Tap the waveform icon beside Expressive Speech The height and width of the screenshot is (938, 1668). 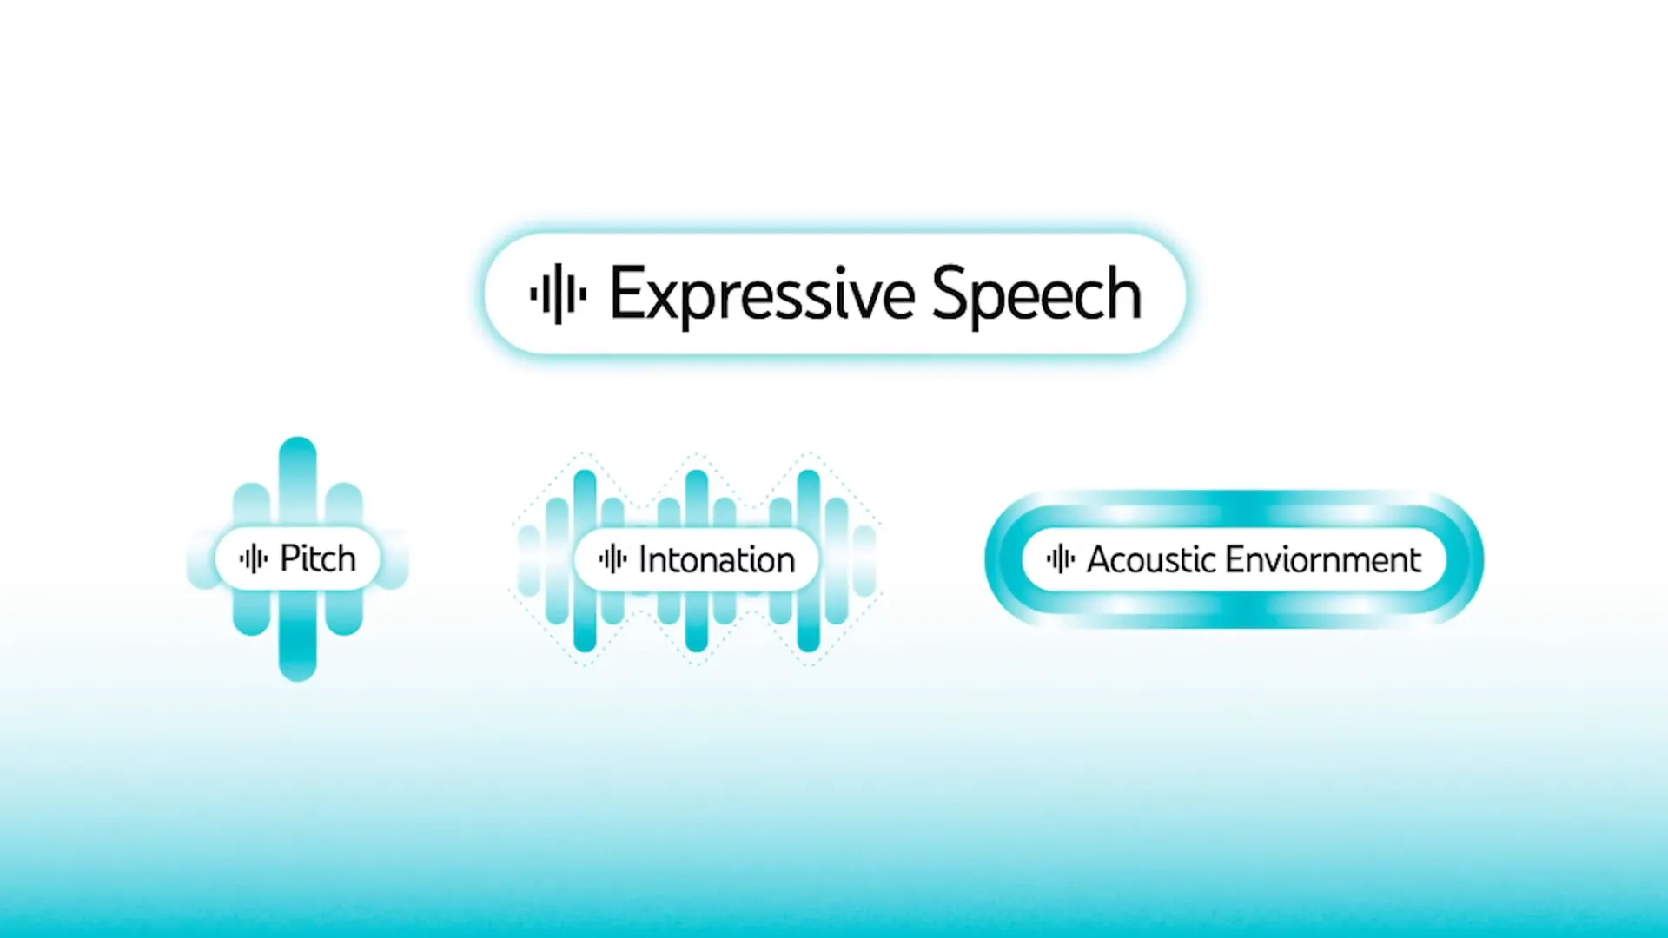559,294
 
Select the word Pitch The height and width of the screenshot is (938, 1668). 318,558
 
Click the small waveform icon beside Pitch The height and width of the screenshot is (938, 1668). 254,558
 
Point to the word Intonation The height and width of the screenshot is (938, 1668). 717,560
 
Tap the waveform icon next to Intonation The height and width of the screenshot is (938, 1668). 613,558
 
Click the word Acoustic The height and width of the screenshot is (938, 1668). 1151,559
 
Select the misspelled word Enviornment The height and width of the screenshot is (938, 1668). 1323,559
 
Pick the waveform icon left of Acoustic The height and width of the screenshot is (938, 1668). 1061,558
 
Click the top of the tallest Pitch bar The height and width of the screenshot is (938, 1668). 298,439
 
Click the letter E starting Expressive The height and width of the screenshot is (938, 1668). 625,294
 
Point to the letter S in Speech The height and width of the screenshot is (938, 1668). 949,294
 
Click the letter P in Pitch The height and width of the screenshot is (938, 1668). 289,558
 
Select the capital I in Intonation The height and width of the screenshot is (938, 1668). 643,560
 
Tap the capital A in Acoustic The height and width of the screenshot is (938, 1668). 1101,560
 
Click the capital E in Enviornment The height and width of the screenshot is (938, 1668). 1234,560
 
